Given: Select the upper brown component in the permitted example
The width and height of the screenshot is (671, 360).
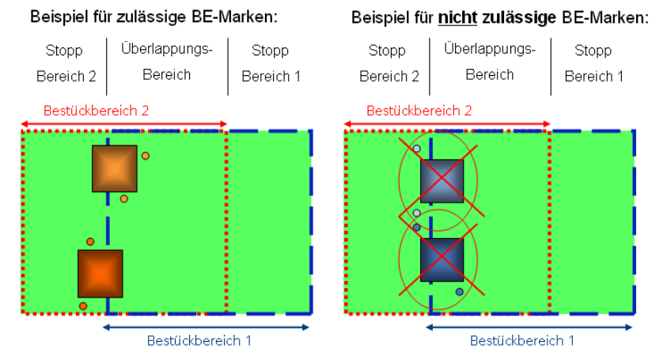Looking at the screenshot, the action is click(x=115, y=169).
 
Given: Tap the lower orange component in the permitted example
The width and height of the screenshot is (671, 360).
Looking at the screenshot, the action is click(x=100, y=273).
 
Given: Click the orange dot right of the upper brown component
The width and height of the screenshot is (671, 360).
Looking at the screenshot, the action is click(x=146, y=156).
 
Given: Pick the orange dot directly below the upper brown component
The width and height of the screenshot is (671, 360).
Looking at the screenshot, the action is click(x=124, y=199).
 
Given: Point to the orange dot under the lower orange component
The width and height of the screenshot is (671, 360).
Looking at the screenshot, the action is click(x=83, y=305).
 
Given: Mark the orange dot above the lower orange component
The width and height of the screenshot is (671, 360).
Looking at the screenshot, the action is click(x=90, y=241).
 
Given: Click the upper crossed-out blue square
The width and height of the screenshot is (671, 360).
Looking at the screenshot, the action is click(x=442, y=180).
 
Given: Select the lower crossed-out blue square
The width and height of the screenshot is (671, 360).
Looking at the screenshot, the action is click(x=442, y=260).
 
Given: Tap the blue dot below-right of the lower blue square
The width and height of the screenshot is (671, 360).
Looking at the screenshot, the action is click(x=459, y=292).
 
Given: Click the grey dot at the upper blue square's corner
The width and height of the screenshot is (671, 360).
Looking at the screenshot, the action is click(x=417, y=149).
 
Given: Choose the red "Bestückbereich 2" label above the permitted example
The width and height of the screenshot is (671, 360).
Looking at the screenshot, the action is click(x=97, y=111).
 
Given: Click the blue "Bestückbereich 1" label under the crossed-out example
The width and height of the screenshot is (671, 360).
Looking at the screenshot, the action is click(x=522, y=341).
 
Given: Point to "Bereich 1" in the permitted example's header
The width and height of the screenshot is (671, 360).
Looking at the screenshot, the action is click(x=271, y=77).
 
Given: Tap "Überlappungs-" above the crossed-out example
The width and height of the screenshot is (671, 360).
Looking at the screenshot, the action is click(x=490, y=49).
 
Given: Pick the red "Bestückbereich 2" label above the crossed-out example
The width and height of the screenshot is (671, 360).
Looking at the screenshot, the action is click(x=419, y=111).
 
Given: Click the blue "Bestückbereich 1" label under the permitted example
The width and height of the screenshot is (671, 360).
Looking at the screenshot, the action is click(x=199, y=341).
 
